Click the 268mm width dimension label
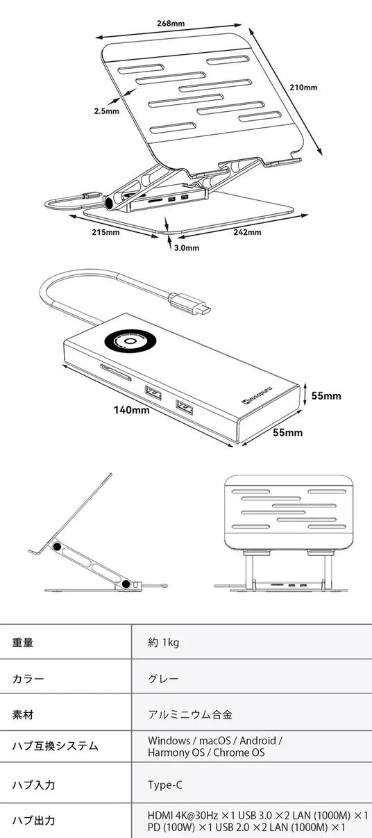[x=171, y=24]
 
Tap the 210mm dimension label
[x=303, y=88]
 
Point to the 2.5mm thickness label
[x=106, y=111]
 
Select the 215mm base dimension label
[x=106, y=232]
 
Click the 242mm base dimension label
[x=248, y=232]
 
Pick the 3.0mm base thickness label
[x=187, y=247]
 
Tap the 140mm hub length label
[x=131, y=410]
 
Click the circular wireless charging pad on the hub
[x=130, y=342]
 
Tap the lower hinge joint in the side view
[x=126, y=584]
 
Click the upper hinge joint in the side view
[x=57, y=547]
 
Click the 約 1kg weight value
[x=164, y=642]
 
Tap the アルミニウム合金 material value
[x=190, y=714]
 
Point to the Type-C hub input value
[x=165, y=784]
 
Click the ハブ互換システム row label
[x=56, y=746]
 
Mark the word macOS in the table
[x=214, y=740]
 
